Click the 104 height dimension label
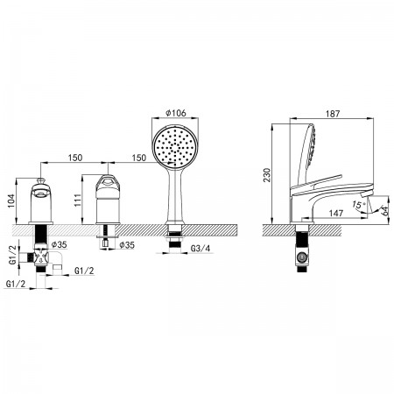point(11,201)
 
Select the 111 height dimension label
point(78,201)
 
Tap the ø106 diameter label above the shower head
point(176,113)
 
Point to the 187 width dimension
point(333,114)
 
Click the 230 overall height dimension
point(267,175)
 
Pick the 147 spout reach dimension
point(336,213)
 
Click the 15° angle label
point(358,205)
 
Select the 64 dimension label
point(385,211)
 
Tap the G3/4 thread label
point(201,249)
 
